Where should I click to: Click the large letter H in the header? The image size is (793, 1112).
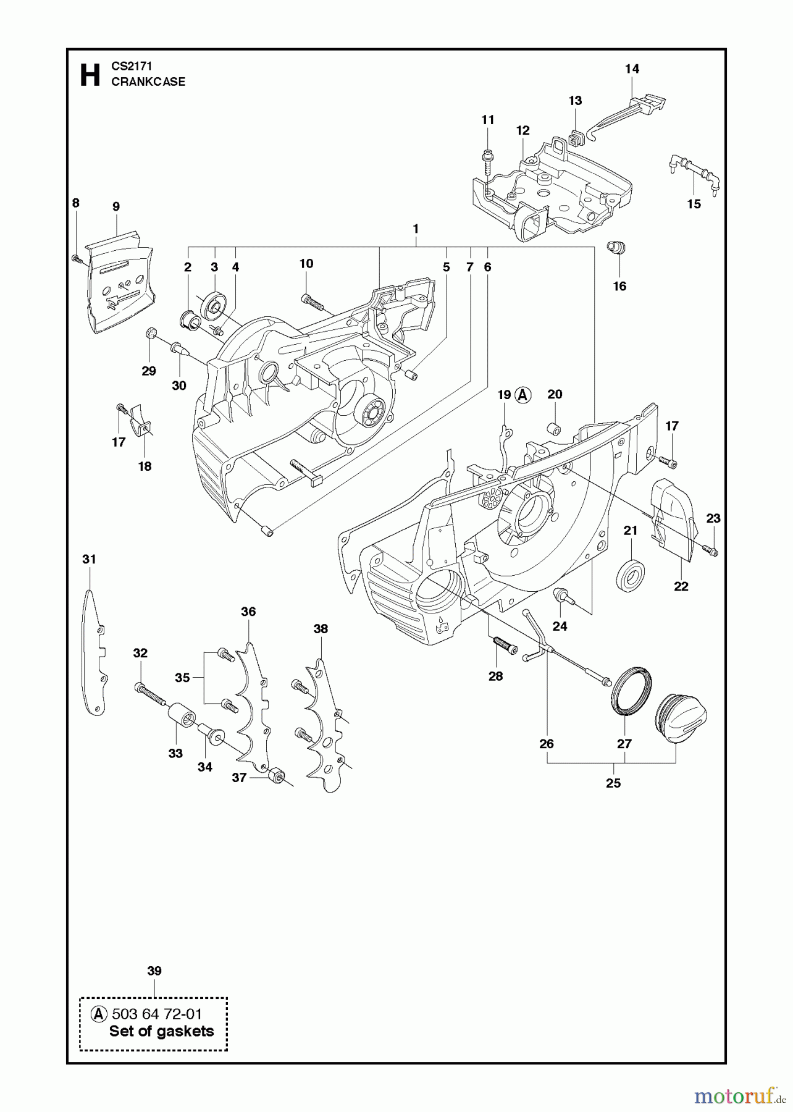pos(90,75)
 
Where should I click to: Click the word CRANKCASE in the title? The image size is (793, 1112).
pos(148,82)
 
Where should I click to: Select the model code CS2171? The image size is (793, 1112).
pos(132,65)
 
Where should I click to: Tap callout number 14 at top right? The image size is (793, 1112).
pos(632,69)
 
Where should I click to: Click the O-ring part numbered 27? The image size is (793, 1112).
pos(631,691)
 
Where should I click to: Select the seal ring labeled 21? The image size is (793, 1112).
pos(631,575)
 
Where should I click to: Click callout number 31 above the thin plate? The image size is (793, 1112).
pos(90,559)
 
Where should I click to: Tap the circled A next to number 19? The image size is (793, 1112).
pos(523,395)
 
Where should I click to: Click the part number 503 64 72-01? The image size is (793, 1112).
pos(157,1014)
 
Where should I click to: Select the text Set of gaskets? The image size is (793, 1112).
pos(161,1031)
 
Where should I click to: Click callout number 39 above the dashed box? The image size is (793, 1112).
pos(154,971)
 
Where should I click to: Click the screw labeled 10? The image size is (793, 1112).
pos(313,301)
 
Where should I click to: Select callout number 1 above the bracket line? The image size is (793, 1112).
pos(416,229)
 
